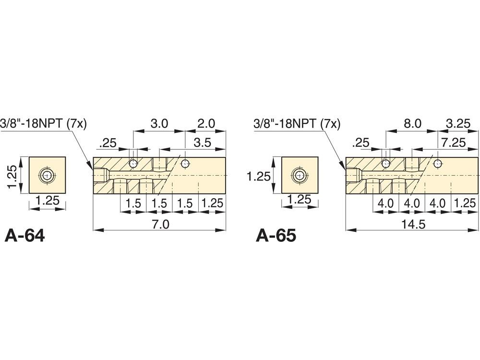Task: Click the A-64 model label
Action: [25, 236]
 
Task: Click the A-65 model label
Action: [276, 236]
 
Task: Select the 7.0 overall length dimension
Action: [160, 224]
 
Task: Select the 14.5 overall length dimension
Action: [413, 224]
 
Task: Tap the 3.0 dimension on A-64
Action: [159, 124]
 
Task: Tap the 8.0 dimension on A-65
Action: [413, 124]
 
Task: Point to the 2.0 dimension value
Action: [206, 124]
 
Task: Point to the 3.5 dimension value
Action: [203, 143]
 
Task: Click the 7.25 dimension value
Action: [454, 143]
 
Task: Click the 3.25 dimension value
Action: [458, 124]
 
